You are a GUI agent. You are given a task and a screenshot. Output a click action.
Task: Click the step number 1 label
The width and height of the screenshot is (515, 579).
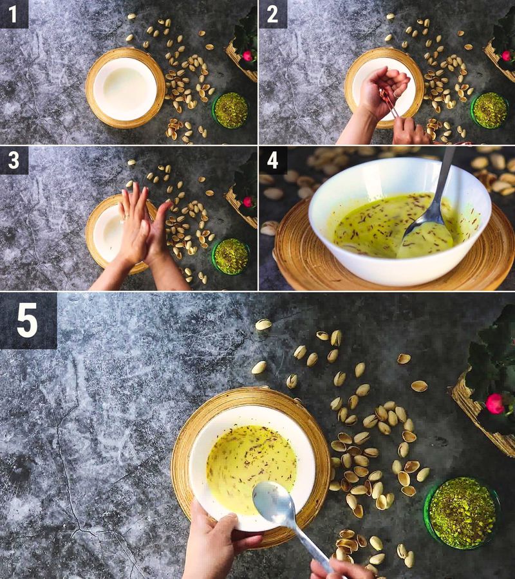point(14,14)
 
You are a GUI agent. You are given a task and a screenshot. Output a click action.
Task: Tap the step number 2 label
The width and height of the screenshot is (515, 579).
point(272,14)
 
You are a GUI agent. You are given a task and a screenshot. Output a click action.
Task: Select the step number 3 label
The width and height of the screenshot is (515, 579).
point(14,160)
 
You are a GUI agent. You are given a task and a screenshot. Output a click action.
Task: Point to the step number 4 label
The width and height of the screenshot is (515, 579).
point(272,160)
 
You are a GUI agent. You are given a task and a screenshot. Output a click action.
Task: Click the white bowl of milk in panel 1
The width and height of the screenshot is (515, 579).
point(125,87)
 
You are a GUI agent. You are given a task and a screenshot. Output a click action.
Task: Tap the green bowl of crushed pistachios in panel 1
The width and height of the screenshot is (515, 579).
point(230,110)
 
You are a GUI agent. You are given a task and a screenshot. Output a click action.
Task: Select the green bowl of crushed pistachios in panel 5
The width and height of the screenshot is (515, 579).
point(462,513)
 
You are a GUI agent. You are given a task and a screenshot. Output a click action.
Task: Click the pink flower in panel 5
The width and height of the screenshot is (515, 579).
point(494,403)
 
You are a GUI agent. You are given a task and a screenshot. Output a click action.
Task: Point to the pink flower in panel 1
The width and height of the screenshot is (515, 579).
point(247,56)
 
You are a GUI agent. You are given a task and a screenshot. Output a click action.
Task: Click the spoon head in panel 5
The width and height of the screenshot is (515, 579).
point(273,502)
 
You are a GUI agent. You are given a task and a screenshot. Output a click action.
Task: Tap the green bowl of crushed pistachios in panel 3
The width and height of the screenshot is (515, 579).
point(230,256)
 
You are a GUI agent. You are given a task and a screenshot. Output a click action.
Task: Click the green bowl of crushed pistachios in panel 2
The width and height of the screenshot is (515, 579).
point(489,110)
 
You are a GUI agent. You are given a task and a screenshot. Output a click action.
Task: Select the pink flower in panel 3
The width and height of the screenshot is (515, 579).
point(247,201)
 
